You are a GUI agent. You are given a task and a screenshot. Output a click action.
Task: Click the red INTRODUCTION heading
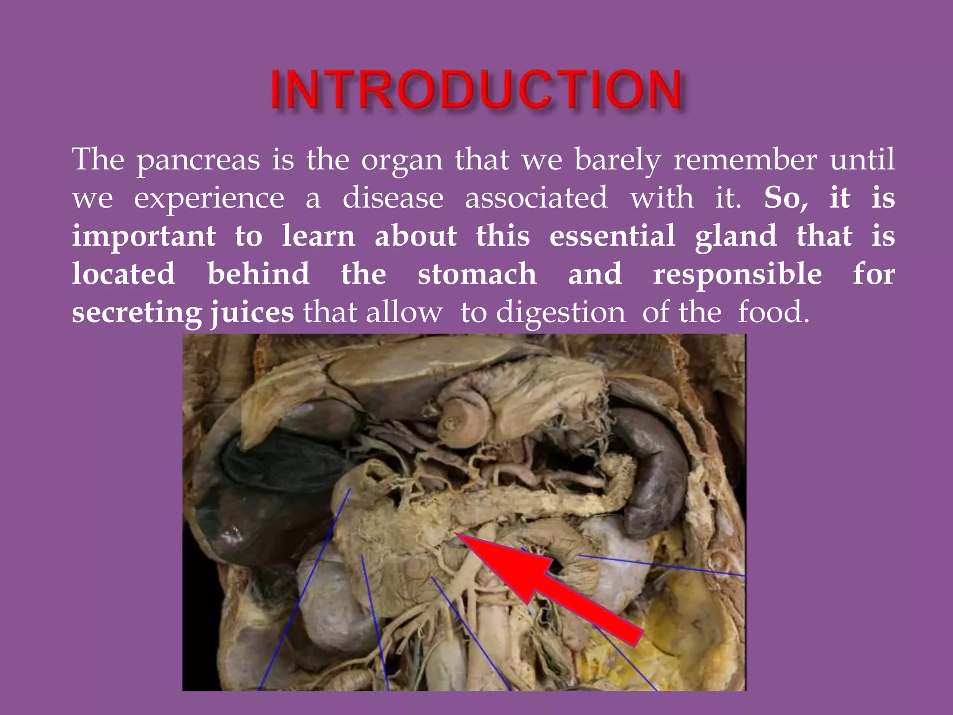[x=476, y=89]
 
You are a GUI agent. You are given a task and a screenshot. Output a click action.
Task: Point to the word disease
[x=393, y=198]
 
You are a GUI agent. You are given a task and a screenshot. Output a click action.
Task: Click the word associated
[x=536, y=198]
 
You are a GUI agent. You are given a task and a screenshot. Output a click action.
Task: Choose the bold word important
[x=144, y=236]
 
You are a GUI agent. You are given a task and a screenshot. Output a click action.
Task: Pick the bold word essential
[x=612, y=236]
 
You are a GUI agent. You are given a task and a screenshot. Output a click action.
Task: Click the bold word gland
[x=736, y=236]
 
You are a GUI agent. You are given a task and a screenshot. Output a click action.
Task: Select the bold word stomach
[x=477, y=274]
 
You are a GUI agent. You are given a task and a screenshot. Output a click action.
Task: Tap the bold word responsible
[x=737, y=275]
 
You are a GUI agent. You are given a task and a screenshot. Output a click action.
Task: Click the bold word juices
[x=252, y=313]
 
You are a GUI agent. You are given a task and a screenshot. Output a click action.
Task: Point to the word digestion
[x=561, y=313]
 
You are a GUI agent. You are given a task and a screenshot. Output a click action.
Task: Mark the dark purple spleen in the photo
[x=651, y=470]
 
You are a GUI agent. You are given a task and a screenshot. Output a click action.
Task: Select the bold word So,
[x=786, y=198]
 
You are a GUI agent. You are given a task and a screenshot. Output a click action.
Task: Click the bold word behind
[x=258, y=274]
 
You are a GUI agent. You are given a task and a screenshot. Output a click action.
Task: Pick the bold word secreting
[x=137, y=313]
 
